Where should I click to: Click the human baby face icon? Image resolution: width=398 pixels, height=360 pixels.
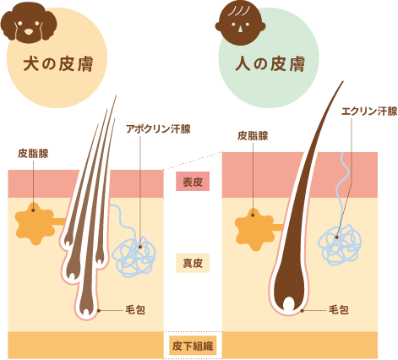239,20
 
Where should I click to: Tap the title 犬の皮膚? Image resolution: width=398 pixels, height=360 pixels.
58,64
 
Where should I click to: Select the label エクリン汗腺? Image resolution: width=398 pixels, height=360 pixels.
368,111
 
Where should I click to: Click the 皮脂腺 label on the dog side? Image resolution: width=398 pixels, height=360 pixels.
33,154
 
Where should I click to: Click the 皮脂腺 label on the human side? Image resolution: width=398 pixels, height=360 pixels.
253,134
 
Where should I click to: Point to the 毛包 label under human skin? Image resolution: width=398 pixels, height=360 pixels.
338,310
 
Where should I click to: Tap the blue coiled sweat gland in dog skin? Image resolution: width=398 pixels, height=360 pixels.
134,256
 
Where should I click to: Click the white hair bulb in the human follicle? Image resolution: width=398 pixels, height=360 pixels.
289,303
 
